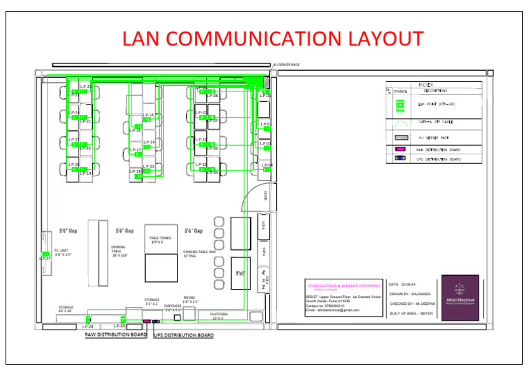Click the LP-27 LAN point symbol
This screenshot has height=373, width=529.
(x=45, y=254)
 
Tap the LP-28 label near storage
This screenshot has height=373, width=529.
(x=87, y=326)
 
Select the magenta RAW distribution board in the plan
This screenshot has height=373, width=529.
(x=146, y=321)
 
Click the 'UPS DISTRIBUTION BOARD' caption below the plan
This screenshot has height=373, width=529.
(x=183, y=336)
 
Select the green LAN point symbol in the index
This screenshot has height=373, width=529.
(x=399, y=105)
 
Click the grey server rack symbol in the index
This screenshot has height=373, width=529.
(x=400, y=137)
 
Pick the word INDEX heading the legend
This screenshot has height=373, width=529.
(x=426, y=85)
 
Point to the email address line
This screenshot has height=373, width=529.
(x=333, y=310)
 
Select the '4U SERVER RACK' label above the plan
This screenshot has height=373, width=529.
(x=287, y=65)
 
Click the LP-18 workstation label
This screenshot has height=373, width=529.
(x=135, y=171)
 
